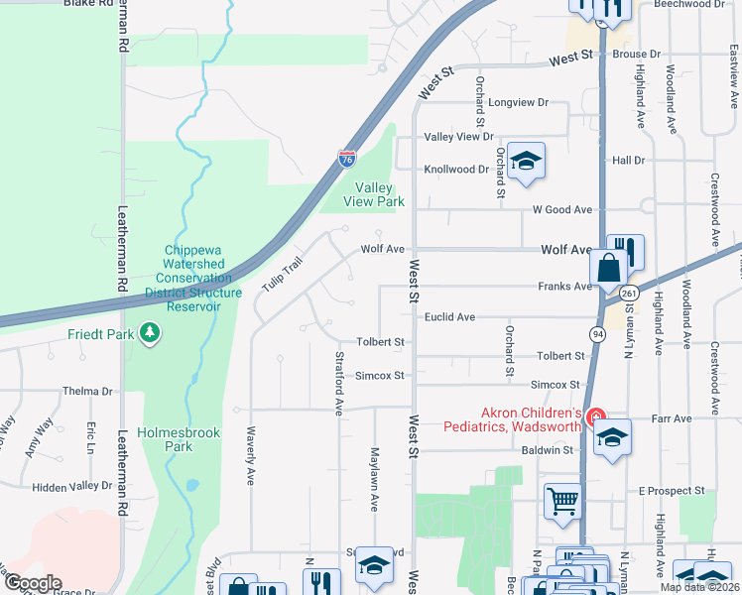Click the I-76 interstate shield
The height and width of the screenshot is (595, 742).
pos(346,159)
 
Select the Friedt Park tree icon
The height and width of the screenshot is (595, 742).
pos(150,333)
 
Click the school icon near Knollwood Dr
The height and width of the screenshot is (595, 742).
pos(526,163)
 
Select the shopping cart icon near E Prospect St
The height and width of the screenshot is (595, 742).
pos(562,501)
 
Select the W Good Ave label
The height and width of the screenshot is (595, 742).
pos(561,210)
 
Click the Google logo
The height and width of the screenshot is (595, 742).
pos(33,583)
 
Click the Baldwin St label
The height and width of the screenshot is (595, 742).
pos(548,449)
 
